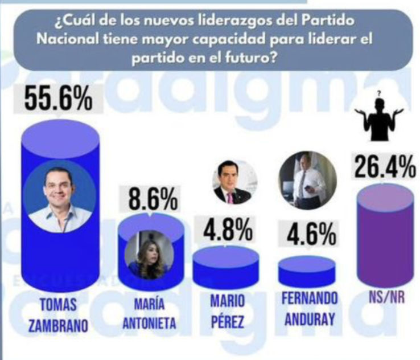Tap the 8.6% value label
pyautogui.click(x=150, y=200)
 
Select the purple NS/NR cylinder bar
pyautogui.click(x=384, y=239)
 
